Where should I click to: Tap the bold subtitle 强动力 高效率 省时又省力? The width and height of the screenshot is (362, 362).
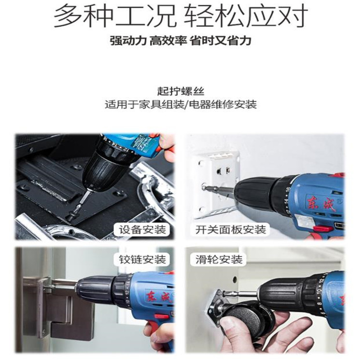coord(181,41)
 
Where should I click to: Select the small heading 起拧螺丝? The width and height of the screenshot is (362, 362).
coord(181,91)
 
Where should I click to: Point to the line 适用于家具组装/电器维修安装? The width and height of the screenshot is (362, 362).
coord(181,104)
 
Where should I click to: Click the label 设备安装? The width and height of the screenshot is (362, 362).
coord(142,229)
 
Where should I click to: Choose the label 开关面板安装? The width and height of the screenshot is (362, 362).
coord(231,229)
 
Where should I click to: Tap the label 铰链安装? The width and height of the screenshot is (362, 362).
coord(142,259)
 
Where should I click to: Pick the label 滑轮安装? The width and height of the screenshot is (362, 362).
coord(219,259)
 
